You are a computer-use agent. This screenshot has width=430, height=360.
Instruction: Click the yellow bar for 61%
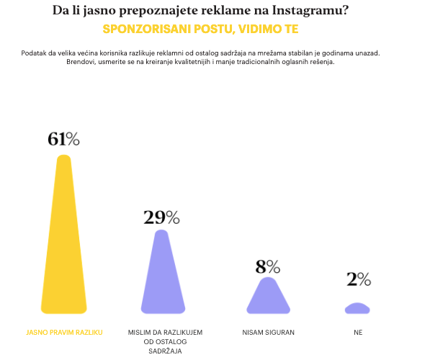pos(64,235)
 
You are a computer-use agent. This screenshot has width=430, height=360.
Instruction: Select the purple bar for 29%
pos(163,271)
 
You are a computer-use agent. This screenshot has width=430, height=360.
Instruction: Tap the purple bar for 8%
pos(268,296)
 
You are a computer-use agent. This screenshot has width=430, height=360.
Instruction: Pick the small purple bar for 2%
pos(357,308)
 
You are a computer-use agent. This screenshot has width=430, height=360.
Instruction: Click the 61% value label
pos(63,139)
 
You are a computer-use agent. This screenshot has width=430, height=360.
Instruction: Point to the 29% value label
pos(161,217)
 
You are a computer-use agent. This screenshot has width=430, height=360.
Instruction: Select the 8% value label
pos(268,267)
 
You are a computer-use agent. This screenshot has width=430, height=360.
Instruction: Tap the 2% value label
pos(359,279)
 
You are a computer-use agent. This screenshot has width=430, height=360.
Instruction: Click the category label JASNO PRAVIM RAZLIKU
pos(64,333)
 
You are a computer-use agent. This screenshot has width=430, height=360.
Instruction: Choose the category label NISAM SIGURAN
pos(268,333)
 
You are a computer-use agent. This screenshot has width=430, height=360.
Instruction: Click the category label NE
pos(358,333)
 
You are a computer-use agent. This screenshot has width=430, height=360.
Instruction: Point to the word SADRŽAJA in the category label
pos(165,351)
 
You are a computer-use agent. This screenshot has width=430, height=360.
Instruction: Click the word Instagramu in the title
pos(310,10)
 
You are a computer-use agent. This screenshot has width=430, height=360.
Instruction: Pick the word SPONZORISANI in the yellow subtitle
pos(147,29)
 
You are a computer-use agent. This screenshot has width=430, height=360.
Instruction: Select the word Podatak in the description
pos(33,53)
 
